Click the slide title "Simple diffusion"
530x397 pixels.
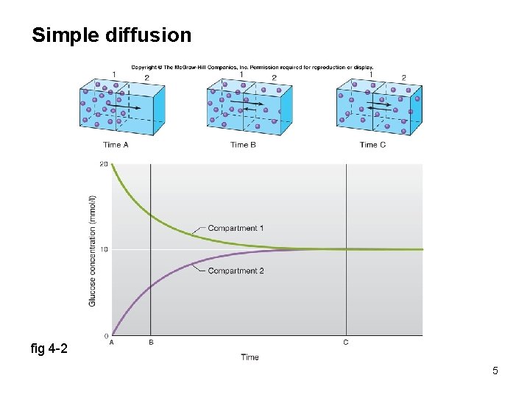tap(111, 35)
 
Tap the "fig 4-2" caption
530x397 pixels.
tap(49, 348)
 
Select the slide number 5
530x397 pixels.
tap(495, 371)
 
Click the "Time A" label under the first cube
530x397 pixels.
tap(116, 145)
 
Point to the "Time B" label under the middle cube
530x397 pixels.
tap(243, 145)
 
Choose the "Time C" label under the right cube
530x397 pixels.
tap(372, 145)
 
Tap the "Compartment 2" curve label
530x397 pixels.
tap(236, 271)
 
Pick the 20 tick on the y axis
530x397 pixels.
tap(105, 164)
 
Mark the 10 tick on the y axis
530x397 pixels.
tap(105, 249)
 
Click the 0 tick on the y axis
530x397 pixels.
tap(106, 335)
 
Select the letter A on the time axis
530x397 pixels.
tap(111, 342)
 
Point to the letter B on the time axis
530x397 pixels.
tap(151, 342)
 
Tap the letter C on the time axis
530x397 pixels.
tap(346, 342)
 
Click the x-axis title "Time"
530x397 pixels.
tap(250, 357)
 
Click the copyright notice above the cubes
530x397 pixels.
tap(252, 68)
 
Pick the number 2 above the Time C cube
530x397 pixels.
tap(403, 78)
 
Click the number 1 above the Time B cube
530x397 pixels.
tap(241, 75)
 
